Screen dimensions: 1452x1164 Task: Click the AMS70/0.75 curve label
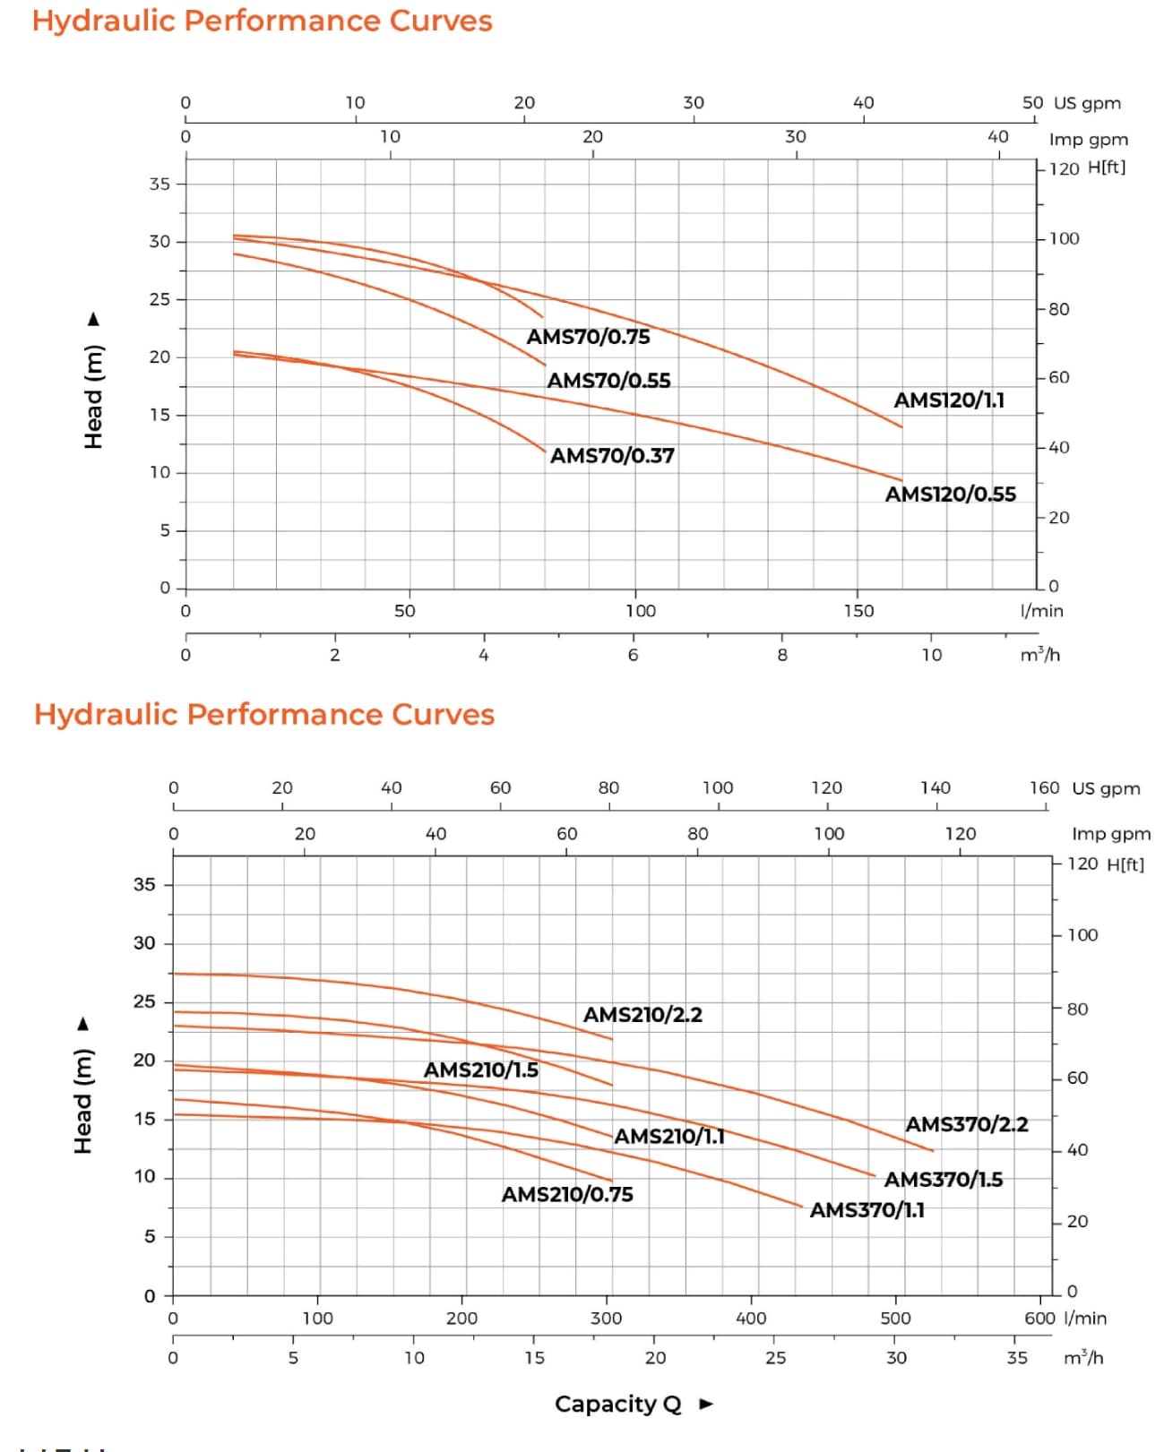click(588, 337)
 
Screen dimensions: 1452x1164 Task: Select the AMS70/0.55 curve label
click(608, 381)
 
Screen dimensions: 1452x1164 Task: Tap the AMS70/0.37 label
click(612, 456)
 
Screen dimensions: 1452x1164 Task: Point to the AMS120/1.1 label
click(949, 400)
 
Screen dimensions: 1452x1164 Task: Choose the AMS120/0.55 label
click(951, 494)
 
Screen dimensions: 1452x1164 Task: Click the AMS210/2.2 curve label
click(642, 1015)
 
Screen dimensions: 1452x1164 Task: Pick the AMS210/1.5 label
click(481, 1070)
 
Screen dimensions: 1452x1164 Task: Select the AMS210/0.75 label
click(567, 1195)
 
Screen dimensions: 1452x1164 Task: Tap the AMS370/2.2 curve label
click(967, 1124)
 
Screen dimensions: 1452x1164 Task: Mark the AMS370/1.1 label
click(867, 1210)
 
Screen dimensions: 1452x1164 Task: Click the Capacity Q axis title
click(618, 1404)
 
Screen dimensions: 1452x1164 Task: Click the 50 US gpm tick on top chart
click(1032, 103)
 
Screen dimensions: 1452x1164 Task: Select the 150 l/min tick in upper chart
click(858, 611)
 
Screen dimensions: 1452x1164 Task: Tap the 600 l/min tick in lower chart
click(1039, 1319)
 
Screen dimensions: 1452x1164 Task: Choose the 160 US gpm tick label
click(1044, 788)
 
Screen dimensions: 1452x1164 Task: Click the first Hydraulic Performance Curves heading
click(263, 21)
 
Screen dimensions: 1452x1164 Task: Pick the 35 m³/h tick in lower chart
click(1017, 1358)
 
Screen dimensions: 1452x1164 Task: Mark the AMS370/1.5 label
click(944, 1180)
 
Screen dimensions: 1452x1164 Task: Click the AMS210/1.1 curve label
click(669, 1137)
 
